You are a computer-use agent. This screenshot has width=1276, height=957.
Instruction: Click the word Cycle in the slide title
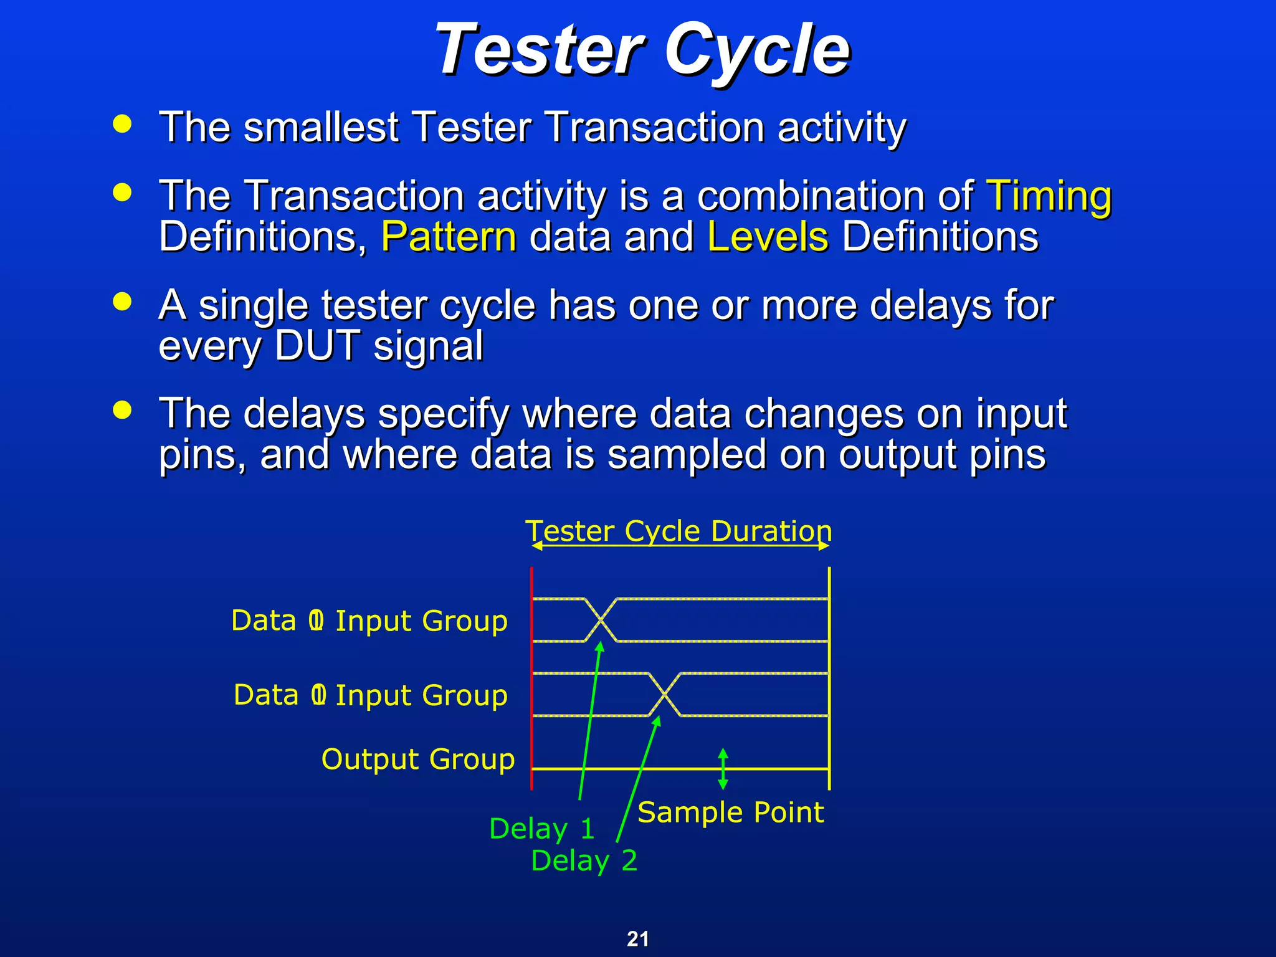[756, 50]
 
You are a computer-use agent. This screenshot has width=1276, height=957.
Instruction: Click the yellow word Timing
[1049, 196]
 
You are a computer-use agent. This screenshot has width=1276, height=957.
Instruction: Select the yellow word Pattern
[449, 237]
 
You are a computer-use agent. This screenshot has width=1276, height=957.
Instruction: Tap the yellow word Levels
[768, 237]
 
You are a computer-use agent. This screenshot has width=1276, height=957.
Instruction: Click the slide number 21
[638, 938]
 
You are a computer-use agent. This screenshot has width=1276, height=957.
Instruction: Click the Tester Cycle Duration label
[679, 531]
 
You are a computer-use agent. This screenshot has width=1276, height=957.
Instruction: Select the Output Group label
[417, 759]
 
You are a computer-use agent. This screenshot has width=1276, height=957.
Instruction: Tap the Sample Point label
[730, 812]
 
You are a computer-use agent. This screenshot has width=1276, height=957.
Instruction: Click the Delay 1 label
[541, 829]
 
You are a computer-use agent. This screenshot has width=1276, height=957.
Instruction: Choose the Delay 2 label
[584, 860]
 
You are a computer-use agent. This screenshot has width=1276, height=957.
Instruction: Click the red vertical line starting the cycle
[531, 679]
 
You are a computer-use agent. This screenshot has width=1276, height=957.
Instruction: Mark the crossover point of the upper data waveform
[601, 620]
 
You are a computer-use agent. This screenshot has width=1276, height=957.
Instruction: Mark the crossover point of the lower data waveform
[665, 694]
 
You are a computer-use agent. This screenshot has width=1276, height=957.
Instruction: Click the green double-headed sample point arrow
[723, 769]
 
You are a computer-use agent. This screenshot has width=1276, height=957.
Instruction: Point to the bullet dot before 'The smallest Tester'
[123, 123]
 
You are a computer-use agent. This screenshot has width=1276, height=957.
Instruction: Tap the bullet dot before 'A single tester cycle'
[123, 302]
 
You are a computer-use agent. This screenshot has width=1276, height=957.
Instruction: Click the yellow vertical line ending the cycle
[829, 679]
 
